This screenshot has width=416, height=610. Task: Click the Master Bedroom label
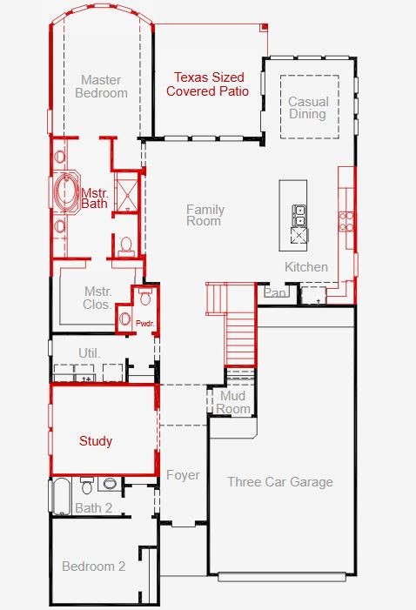click(x=101, y=86)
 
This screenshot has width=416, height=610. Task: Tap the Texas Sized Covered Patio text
click(x=208, y=84)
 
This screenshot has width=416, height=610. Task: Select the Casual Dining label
click(x=308, y=108)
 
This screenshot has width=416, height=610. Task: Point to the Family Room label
click(x=205, y=215)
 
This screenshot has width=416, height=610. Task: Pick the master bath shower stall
click(x=126, y=192)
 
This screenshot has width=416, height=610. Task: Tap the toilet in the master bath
click(x=125, y=246)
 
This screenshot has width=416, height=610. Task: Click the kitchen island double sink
click(x=299, y=216)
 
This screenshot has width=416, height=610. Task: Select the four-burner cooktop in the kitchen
click(x=346, y=221)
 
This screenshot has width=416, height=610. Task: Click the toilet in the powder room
click(x=145, y=297)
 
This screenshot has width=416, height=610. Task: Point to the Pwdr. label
click(x=144, y=324)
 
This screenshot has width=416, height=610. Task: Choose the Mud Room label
click(x=232, y=403)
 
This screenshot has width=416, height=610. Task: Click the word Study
click(x=96, y=441)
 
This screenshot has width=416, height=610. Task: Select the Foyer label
click(x=183, y=475)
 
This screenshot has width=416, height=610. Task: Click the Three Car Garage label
click(x=280, y=482)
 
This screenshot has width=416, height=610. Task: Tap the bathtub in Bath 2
click(x=62, y=496)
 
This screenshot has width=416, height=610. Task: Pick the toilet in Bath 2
click(x=87, y=486)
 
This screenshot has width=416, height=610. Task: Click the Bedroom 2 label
click(x=94, y=566)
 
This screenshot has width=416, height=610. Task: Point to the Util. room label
click(x=90, y=353)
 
